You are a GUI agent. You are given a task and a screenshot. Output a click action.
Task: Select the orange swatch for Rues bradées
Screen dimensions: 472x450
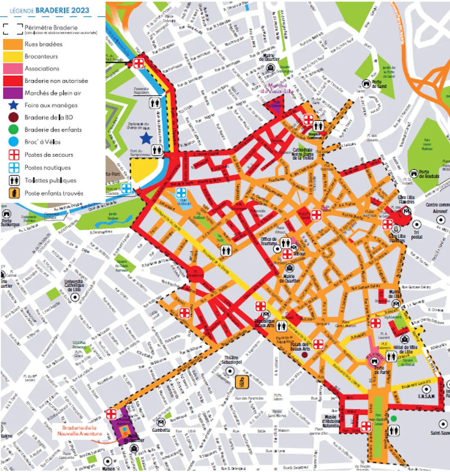(x=13, y=44)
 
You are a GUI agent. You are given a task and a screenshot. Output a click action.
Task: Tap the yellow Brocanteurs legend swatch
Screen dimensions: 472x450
(x=13, y=56)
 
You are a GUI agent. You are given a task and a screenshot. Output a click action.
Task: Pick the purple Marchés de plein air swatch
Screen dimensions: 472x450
(x=13, y=93)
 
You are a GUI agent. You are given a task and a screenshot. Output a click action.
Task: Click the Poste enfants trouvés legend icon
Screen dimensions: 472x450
(x=14, y=193)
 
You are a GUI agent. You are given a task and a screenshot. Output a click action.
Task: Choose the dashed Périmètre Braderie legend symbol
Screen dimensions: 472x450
(x=13, y=28)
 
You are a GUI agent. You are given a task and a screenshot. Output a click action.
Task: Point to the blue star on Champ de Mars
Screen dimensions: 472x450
(x=146, y=138)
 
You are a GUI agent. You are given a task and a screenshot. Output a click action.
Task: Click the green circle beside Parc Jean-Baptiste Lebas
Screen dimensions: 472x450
(x=393, y=418)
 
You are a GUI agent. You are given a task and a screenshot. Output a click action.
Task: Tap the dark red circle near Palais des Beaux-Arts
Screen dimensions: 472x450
(x=304, y=355)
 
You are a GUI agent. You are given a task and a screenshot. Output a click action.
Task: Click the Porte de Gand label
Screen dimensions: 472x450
(x=379, y=84)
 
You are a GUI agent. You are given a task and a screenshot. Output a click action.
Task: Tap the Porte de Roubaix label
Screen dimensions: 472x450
(x=429, y=174)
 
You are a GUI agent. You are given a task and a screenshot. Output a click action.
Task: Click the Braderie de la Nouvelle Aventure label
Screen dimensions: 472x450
(x=79, y=431)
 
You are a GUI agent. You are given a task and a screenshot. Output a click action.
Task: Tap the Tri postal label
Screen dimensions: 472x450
(x=416, y=234)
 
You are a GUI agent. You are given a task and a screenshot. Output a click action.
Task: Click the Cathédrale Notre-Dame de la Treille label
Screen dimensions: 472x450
(x=303, y=154)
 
